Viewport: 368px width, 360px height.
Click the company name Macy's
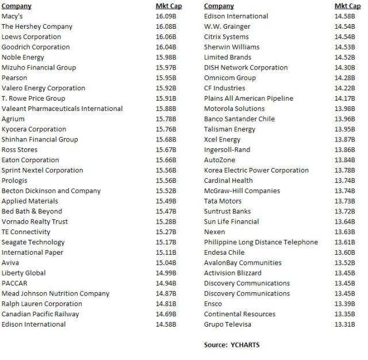point(12,16)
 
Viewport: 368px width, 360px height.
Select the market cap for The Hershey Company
point(166,26)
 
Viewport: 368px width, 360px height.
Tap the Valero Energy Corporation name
point(43,88)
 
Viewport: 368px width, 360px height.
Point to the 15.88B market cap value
point(166,109)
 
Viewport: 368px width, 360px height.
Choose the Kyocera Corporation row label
point(34,129)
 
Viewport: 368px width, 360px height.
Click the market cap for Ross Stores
point(166,150)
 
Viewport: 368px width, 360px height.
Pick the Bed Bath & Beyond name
point(32,211)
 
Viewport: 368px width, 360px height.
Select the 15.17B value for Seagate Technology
point(166,242)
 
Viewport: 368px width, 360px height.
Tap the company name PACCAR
point(14,283)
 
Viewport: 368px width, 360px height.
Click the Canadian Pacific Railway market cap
point(166,314)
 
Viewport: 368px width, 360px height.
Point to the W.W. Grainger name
point(227,26)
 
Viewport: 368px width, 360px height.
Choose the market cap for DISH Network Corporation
point(345,67)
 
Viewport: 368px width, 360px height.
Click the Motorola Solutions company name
point(234,109)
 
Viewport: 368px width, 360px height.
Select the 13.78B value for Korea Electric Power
point(345,170)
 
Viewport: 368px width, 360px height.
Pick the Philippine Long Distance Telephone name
point(260,242)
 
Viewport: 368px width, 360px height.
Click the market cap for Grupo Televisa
point(345,324)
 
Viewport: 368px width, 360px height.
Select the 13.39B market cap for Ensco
point(345,304)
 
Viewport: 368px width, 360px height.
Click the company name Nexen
point(214,232)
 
